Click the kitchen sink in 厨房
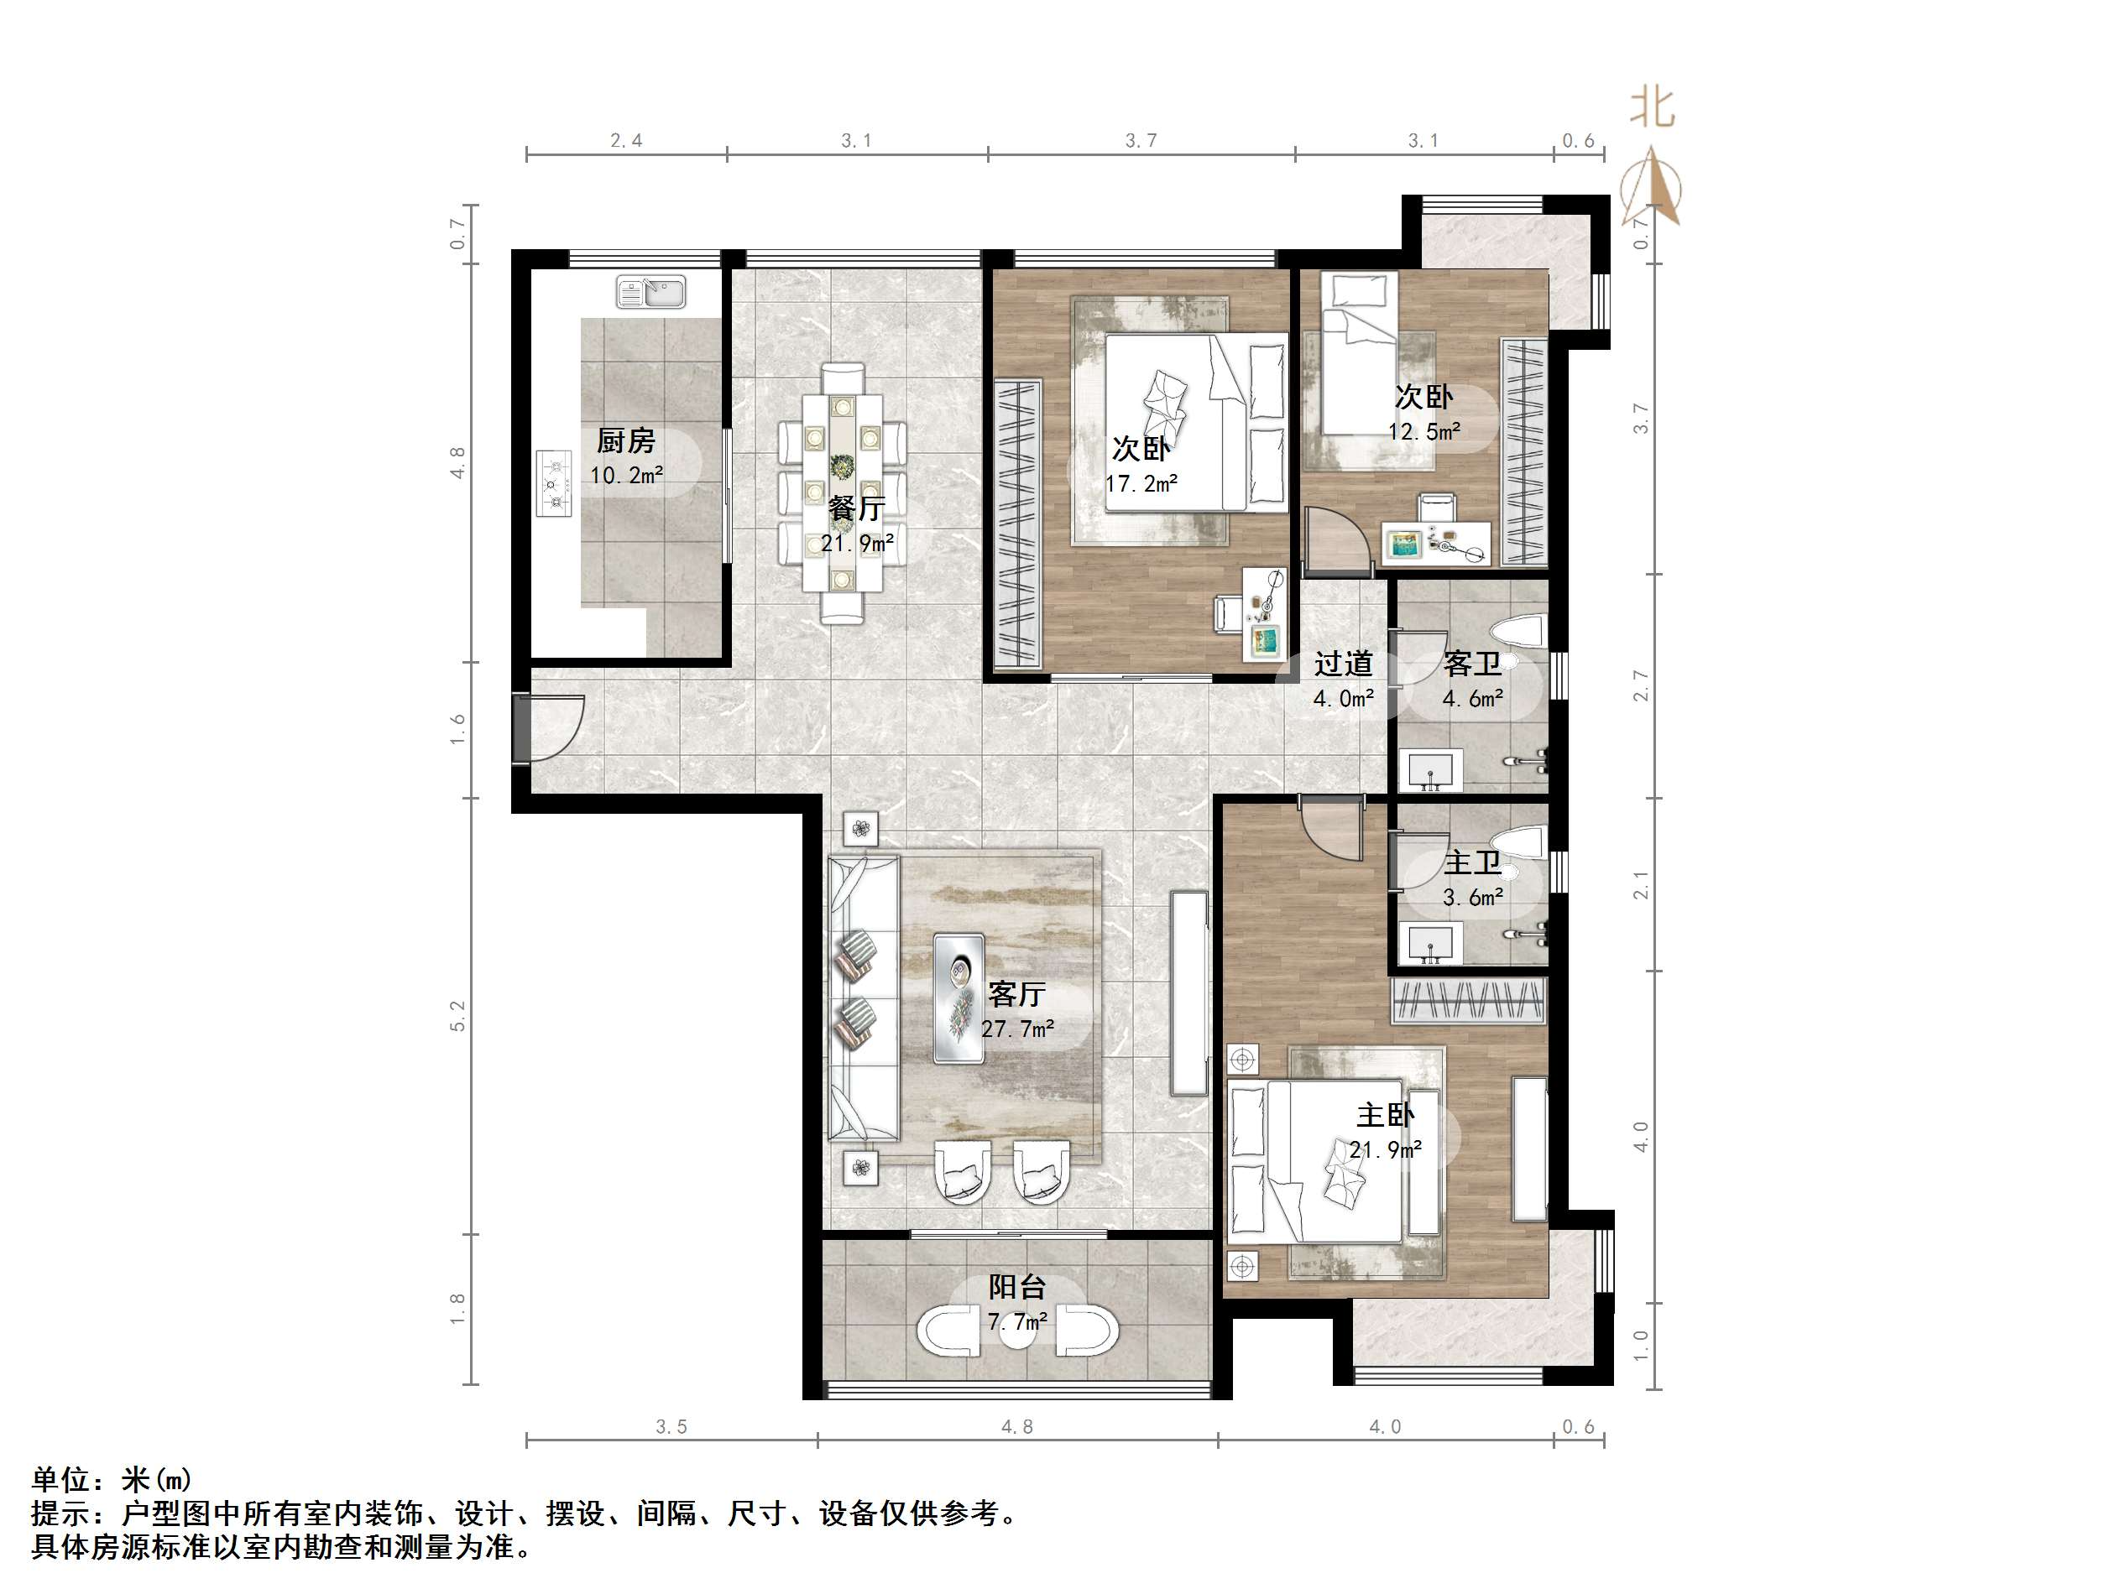tap(650, 292)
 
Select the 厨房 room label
tap(625, 441)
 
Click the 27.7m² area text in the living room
tap(1018, 1029)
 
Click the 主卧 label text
tap(1385, 1115)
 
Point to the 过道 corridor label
tap(1343, 663)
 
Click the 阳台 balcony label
tap(1017, 1287)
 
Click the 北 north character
tap(1651, 107)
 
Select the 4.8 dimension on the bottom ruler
tap(1017, 1427)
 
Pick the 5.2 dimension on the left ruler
tap(457, 1016)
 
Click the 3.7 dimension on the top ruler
tap(1141, 140)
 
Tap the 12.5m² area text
tap(1423, 431)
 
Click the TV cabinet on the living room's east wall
tap(1189, 992)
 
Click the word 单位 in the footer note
tap(61, 1479)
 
